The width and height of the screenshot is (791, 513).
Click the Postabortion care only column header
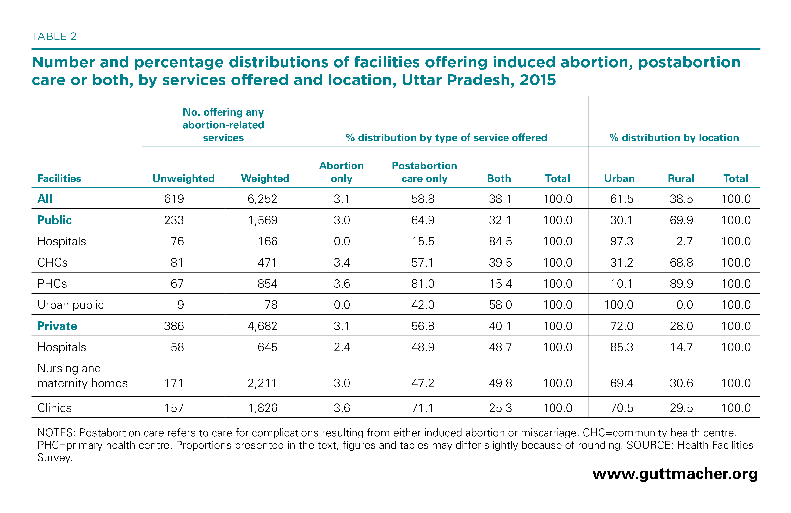[x=424, y=172]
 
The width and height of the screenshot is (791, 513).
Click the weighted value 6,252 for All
[x=262, y=199]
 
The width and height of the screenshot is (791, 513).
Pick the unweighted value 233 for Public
[x=174, y=220]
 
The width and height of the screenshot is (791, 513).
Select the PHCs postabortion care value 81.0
[x=423, y=284]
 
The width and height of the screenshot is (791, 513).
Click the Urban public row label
[x=71, y=305]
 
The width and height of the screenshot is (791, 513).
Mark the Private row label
[x=57, y=326]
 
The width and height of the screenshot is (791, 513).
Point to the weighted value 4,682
[x=262, y=326]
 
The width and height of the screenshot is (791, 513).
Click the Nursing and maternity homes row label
[x=82, y=376]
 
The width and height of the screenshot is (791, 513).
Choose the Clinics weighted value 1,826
[x=263, y=408]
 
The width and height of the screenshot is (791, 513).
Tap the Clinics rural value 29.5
[x=681, y=408]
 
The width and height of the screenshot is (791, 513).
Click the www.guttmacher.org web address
[x=675, y=474]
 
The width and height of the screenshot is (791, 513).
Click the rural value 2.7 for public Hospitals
[x=685, y=241]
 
